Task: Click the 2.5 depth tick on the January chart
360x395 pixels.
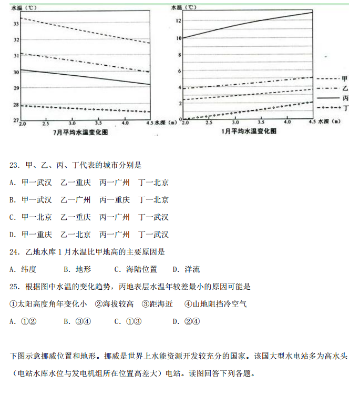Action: pos(209,123)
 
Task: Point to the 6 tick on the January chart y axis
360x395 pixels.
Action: pos(180,71)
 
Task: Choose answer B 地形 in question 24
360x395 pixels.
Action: pos(77,269)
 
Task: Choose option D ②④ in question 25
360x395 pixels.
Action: pos(186,321)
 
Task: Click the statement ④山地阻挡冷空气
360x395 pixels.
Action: pos(215,304)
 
